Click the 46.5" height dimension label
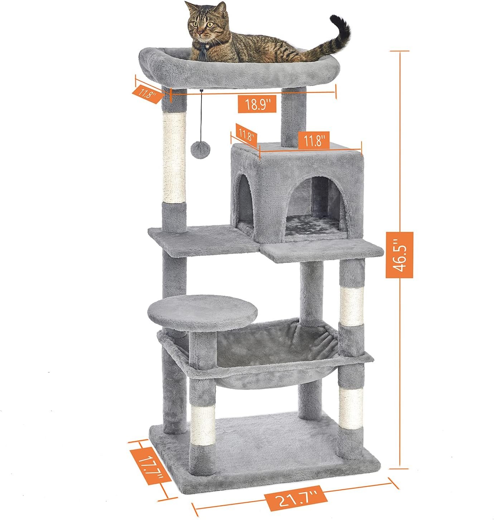coord(399,255)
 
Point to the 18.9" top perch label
coord(257,104)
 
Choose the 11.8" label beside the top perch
coord(147,94)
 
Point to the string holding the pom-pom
coord(202,116)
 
